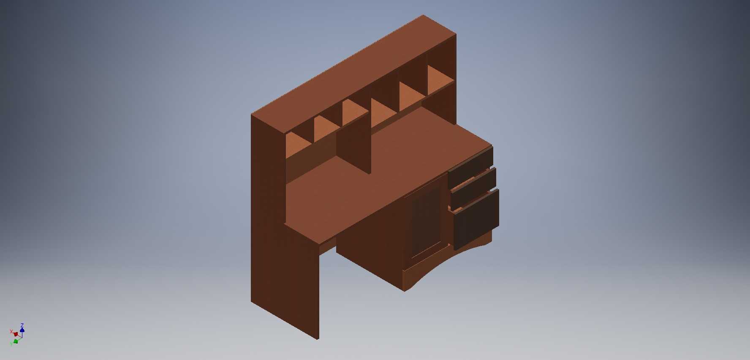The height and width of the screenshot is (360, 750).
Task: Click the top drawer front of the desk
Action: pos(470,167)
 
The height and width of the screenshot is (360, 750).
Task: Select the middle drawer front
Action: pos(473,188)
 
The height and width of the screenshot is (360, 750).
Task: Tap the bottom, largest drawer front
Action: pos(476,219)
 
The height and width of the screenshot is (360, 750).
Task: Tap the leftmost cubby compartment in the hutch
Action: pos(299,146)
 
